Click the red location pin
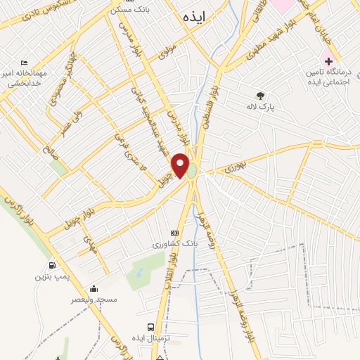click(181, 164)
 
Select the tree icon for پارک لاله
click(260, 96)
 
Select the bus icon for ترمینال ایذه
click(151, 327)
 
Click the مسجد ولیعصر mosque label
click(94, 300)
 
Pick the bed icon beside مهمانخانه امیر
click(25, 63)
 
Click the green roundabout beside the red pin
click(192, 171)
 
